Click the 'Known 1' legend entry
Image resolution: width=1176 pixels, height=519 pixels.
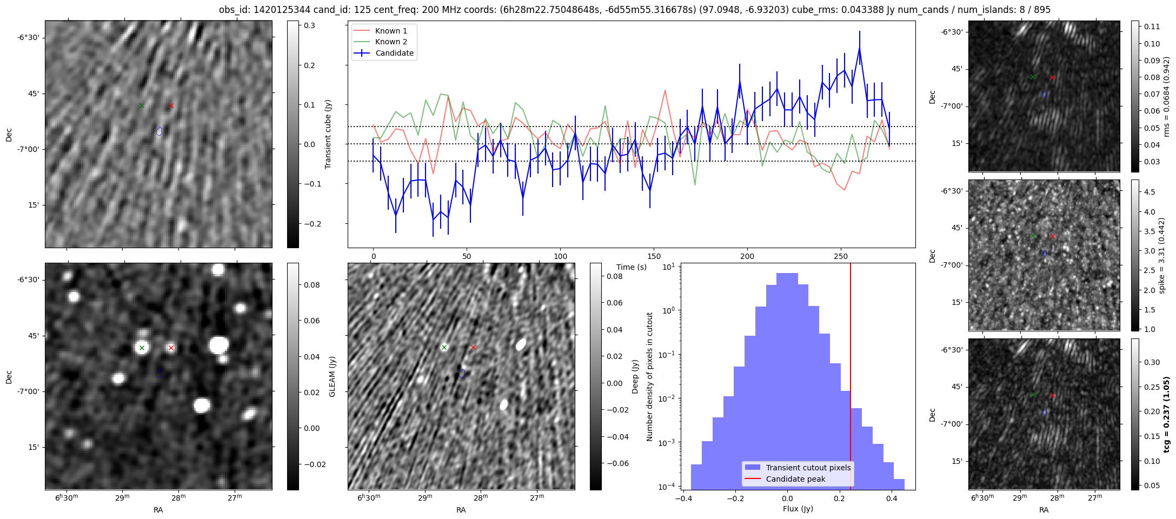point(391,31)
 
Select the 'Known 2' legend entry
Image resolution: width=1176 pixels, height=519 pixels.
point(391,42)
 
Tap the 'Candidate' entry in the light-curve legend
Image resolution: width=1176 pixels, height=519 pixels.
point(394,53)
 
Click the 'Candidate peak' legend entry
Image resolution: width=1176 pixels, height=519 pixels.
point(795,479)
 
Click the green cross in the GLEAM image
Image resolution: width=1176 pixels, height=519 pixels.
point(142,348)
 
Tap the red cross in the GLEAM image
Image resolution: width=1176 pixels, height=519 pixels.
point(171,348)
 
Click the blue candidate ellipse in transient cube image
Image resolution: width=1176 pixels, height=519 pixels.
point(159,131)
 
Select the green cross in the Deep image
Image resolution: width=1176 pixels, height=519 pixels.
point(444,347)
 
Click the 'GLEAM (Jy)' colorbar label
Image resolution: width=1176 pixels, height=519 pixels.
point(332,376)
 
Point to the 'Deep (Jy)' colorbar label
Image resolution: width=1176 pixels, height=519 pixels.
point(635,376)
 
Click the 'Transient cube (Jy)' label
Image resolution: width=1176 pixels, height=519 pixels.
point(328,134)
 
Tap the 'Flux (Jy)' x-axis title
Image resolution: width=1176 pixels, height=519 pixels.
point(798,509)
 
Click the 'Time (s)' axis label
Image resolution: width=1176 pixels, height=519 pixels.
point(632,267)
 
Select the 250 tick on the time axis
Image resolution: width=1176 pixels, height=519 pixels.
point(840,256)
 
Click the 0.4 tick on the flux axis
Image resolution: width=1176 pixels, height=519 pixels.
point(892,498)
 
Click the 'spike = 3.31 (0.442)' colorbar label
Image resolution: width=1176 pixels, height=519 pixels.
point(1162,255)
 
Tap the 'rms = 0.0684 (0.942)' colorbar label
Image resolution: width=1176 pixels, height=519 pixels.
point(1166,96)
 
